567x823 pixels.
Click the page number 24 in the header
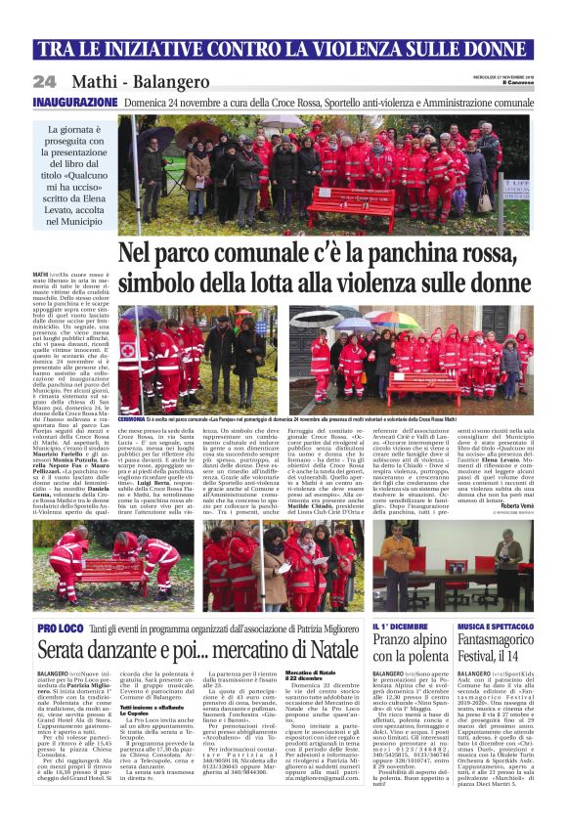[x=45, y=82]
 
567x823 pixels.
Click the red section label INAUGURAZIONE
[x=75, y=102]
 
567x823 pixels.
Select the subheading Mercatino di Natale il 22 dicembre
[x=311, y=675]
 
